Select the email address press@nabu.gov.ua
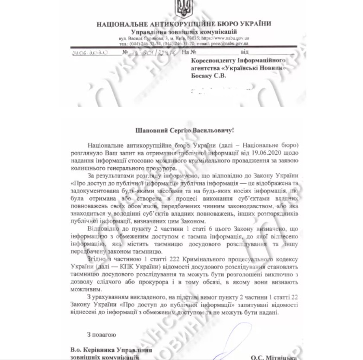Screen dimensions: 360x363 pyautogui.click(x=232, y=44)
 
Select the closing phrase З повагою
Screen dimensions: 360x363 pyautogui.click(x=101, y=334)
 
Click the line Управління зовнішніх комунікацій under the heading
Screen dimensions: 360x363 pyautogui.click(x=183, y=32)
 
